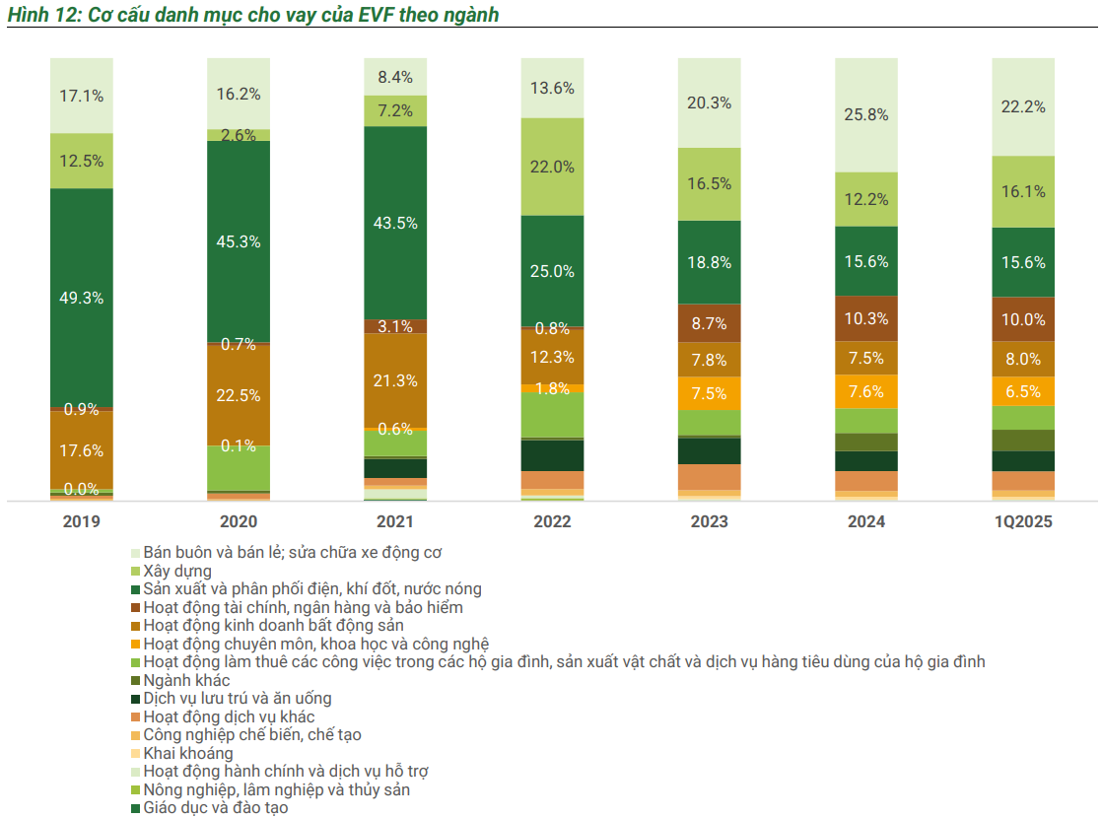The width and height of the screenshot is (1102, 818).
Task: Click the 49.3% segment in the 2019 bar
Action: (x=82, y=298)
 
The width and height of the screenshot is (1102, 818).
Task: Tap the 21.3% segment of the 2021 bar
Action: (x=395, y=380)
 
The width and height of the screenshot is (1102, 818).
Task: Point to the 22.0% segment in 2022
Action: (x=552, y=167)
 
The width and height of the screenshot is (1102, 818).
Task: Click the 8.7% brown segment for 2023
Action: (x=709, y=322)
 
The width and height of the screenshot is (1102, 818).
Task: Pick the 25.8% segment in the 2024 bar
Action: (x=866, y=114)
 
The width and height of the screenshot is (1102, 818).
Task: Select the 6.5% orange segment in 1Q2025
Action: (x=1023, y=391)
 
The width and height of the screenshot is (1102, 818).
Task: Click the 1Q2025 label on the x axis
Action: (x=1023, y=522)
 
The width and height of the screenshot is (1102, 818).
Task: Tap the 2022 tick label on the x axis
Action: (x=552, y=522)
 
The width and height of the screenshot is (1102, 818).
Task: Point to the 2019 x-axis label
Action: (x=82, y=522)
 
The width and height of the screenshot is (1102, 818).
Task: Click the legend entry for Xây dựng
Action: (x=177, y=571)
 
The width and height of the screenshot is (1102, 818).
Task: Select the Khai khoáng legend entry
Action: (x=188, y=754)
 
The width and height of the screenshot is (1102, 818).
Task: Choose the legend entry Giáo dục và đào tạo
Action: (x=216, y=808)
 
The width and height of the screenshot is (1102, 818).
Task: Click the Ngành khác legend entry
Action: (x=186, y=680)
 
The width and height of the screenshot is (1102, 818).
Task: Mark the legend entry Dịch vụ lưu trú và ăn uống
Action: (x=237, y=699)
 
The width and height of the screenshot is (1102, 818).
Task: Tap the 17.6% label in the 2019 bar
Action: (x=82, y=450)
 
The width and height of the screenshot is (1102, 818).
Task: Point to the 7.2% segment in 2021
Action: (x=395, y=111)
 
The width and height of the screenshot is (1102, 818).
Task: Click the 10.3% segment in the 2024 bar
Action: (x=866, y=318)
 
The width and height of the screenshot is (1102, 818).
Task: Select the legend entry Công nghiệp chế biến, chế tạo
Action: (x=252, y=735)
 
